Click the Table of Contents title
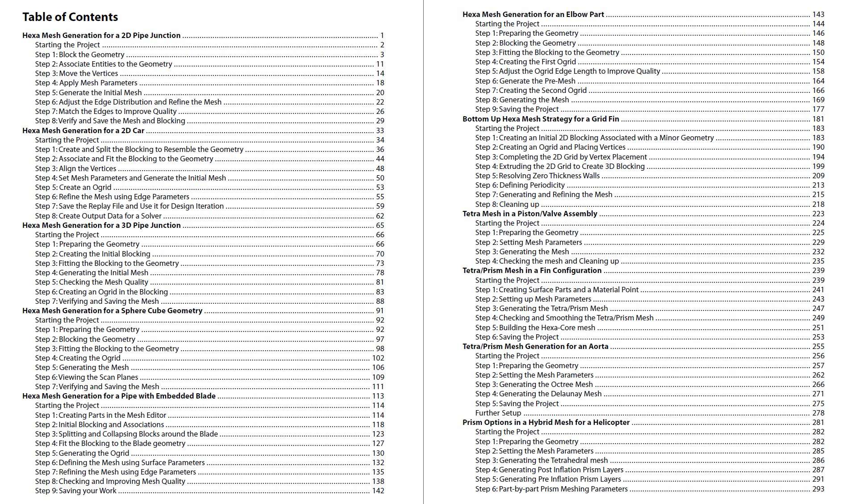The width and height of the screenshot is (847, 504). coord(70,17)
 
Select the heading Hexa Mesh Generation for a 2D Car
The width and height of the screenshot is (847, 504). coord(83,130)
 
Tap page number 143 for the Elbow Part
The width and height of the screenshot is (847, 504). coord(818,14)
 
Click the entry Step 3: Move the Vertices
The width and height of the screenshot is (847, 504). coord(76,73)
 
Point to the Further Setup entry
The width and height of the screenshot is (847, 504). coord(498,413)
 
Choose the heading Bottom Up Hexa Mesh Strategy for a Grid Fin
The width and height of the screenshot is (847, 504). coord(540,119)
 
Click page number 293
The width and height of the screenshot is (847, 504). coord(818,489)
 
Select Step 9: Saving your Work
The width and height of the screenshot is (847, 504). coord(75,491)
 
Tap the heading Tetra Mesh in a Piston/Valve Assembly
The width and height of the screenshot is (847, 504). coord(530,214)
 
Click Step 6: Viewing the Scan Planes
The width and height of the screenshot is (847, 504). coord(87,377)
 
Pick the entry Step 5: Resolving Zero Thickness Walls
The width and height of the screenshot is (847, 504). coord(537,176)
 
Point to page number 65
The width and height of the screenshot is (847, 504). coord(380,225)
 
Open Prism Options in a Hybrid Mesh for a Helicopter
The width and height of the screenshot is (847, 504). coord(546,422)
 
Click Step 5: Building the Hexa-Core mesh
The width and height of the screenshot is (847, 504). coord(535,328)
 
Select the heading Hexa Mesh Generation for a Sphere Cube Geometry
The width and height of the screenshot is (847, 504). coord(112,311)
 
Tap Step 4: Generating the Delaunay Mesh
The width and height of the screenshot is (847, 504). coord(538,394)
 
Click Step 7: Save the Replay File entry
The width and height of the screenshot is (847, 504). coord(129,206)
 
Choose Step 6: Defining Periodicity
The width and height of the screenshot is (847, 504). coord(520,185)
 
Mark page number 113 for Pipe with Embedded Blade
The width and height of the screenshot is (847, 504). coord(378,396)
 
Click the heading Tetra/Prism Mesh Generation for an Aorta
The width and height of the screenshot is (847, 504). coord(535,346)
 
